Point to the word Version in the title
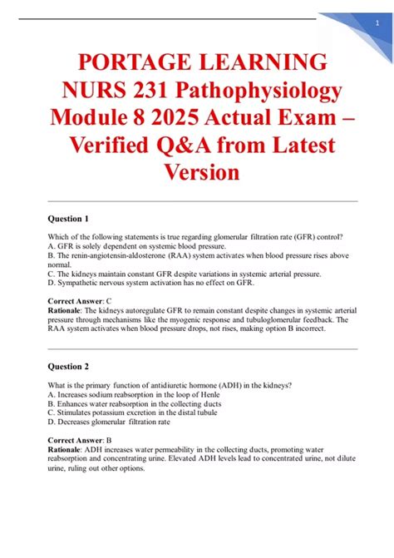click(197, 172)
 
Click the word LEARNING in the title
click(265, 62)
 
